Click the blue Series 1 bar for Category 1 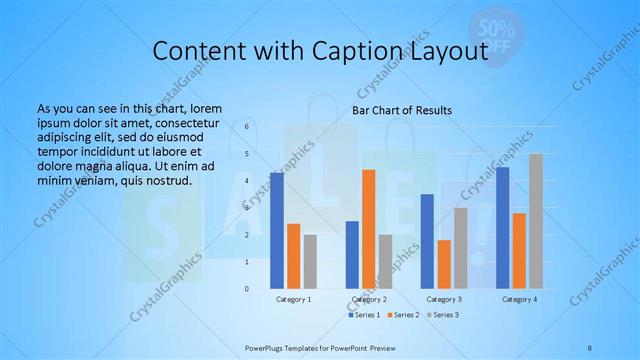[x=277, y=231]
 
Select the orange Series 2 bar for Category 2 [x=368, y=229]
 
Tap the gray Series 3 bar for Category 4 [x=536, y=221]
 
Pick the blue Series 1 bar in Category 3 [x=427, y=241]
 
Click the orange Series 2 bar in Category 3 [x=444, y=264]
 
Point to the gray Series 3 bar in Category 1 [x=310, y=262]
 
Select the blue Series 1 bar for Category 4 [x=502, y=228]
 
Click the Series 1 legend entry [x=365, y=315]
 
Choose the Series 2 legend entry [x=403, y=315]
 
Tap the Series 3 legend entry [x=442, y=315]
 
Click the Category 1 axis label [x=294, y=299]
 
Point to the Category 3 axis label [x=444, y=299]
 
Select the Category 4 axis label [x=519, y=299]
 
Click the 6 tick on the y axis [x=246, y=127]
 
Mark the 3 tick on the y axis [x=246, y=208]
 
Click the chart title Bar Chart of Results [x=402, y=110]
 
